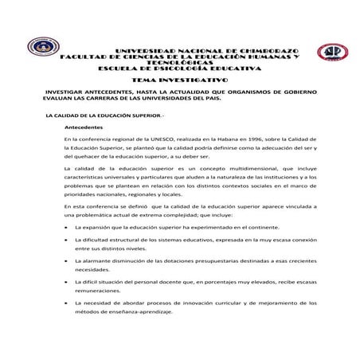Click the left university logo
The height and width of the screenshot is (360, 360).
point(39,52)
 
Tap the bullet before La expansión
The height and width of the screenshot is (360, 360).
point(66,227)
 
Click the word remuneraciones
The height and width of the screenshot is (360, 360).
point(100,292)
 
